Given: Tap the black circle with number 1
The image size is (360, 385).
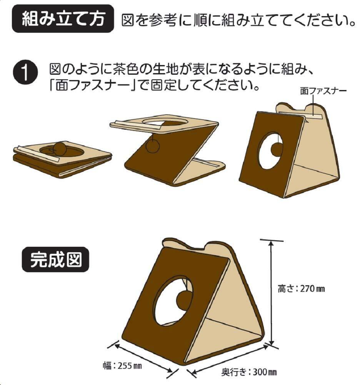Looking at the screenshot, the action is point(26,73).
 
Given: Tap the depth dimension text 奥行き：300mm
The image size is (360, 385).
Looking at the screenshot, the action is point(249,372).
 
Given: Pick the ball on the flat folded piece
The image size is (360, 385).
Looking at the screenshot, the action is point(60,148).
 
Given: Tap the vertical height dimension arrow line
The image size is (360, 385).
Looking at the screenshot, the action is point(272,293).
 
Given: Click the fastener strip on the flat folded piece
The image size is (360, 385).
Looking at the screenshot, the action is point(37,153).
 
